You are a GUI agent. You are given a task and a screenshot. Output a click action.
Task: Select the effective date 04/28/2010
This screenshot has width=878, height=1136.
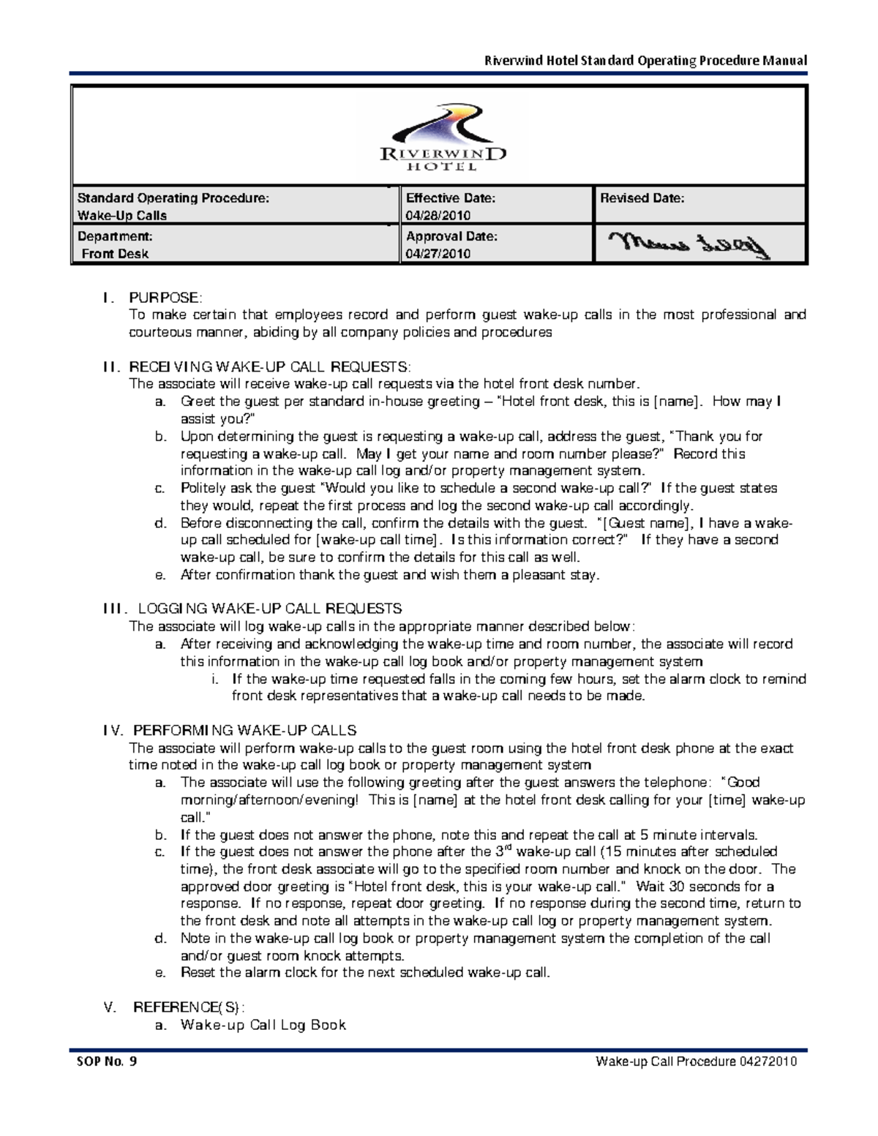[438, 216]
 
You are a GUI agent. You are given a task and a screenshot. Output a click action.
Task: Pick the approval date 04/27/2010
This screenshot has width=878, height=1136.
[438, 254]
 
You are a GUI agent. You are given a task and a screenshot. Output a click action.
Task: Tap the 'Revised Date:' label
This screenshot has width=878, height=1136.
[642, 198]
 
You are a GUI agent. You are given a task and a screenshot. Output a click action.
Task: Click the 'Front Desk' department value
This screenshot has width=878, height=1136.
[115, 254]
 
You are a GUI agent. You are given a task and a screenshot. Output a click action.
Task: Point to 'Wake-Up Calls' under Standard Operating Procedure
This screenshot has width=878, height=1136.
[122, 216]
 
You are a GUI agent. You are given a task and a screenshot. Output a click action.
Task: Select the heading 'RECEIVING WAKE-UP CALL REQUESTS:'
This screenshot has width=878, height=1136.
[270, 366]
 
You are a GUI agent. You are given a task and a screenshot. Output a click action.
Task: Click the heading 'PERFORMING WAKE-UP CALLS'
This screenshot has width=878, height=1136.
[244, 730]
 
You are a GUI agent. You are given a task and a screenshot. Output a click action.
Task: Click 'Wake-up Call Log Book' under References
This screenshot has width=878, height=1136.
[263, 1025]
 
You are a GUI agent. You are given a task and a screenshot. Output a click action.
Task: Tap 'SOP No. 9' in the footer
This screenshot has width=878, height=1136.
[106, 1061]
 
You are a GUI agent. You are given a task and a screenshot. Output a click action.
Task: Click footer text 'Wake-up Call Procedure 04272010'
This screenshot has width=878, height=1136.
[696, 1061]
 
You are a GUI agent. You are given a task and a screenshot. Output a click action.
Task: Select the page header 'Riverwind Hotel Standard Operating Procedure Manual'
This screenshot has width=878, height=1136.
[646, 61]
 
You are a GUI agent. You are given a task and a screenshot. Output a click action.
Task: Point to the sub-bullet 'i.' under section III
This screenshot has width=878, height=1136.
[215, 679]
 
